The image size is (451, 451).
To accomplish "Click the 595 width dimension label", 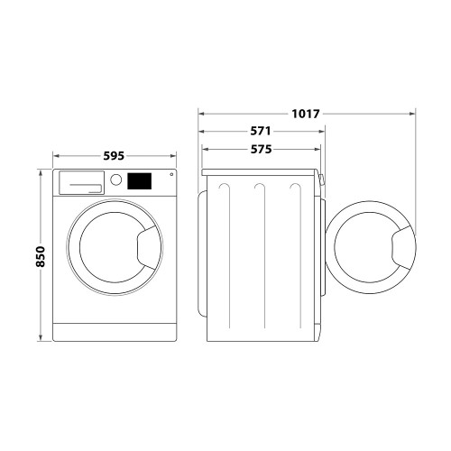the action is [114, 156].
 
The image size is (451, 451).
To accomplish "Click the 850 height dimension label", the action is [41, 256].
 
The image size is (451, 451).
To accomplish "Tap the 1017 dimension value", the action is [306, 114].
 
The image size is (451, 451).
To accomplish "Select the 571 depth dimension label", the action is [261, 131].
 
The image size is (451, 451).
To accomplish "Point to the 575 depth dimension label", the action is [261, 149].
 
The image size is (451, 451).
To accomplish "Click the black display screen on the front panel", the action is [139, 181].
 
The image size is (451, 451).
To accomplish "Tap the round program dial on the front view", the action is [115, 179].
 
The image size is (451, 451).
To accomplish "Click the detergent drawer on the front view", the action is [81, 183].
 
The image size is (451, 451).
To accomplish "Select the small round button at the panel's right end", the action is [171, 174].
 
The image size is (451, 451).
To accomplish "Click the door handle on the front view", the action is [148, 247].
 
